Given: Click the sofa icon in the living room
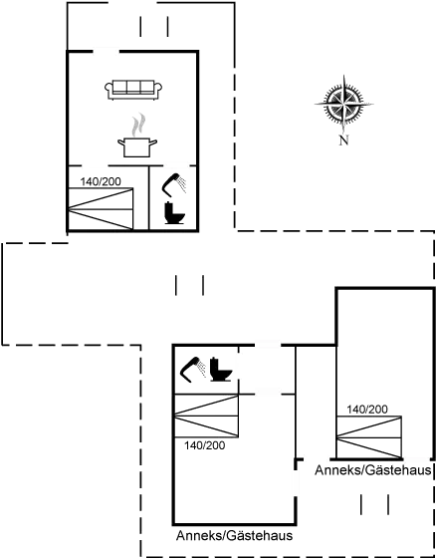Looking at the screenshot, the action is (x=133, y=90).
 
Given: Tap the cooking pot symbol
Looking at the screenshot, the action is (x=137, y=147).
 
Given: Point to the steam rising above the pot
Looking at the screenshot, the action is (x=138, y=125).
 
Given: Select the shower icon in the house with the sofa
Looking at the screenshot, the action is (x=174, y=184).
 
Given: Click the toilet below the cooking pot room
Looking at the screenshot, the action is (x=174, y=213).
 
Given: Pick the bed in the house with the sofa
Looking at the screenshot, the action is (x=101, y=209).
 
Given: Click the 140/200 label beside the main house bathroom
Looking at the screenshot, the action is (x=101, y=181).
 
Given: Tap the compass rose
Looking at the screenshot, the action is (x=343, y=105).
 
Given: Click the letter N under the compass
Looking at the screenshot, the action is (x=343, y=140).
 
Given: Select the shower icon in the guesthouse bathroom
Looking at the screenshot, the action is (x=193, y=370).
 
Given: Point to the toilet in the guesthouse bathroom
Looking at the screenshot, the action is (x=221, y=369).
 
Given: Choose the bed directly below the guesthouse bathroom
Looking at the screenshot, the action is (x=206, y=416).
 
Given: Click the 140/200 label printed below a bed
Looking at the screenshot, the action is (x=204, y=445).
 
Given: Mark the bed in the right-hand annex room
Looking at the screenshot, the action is (x=369, y=437).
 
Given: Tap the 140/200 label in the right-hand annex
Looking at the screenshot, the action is (x=367, y=410).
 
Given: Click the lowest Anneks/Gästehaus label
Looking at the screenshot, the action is (x=234, y=535).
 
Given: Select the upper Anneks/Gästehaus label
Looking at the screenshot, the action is (x=373, y=470).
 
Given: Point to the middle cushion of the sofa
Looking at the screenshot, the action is (x=133, y=88).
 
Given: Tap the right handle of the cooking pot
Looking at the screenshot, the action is (x=153, y=142).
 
